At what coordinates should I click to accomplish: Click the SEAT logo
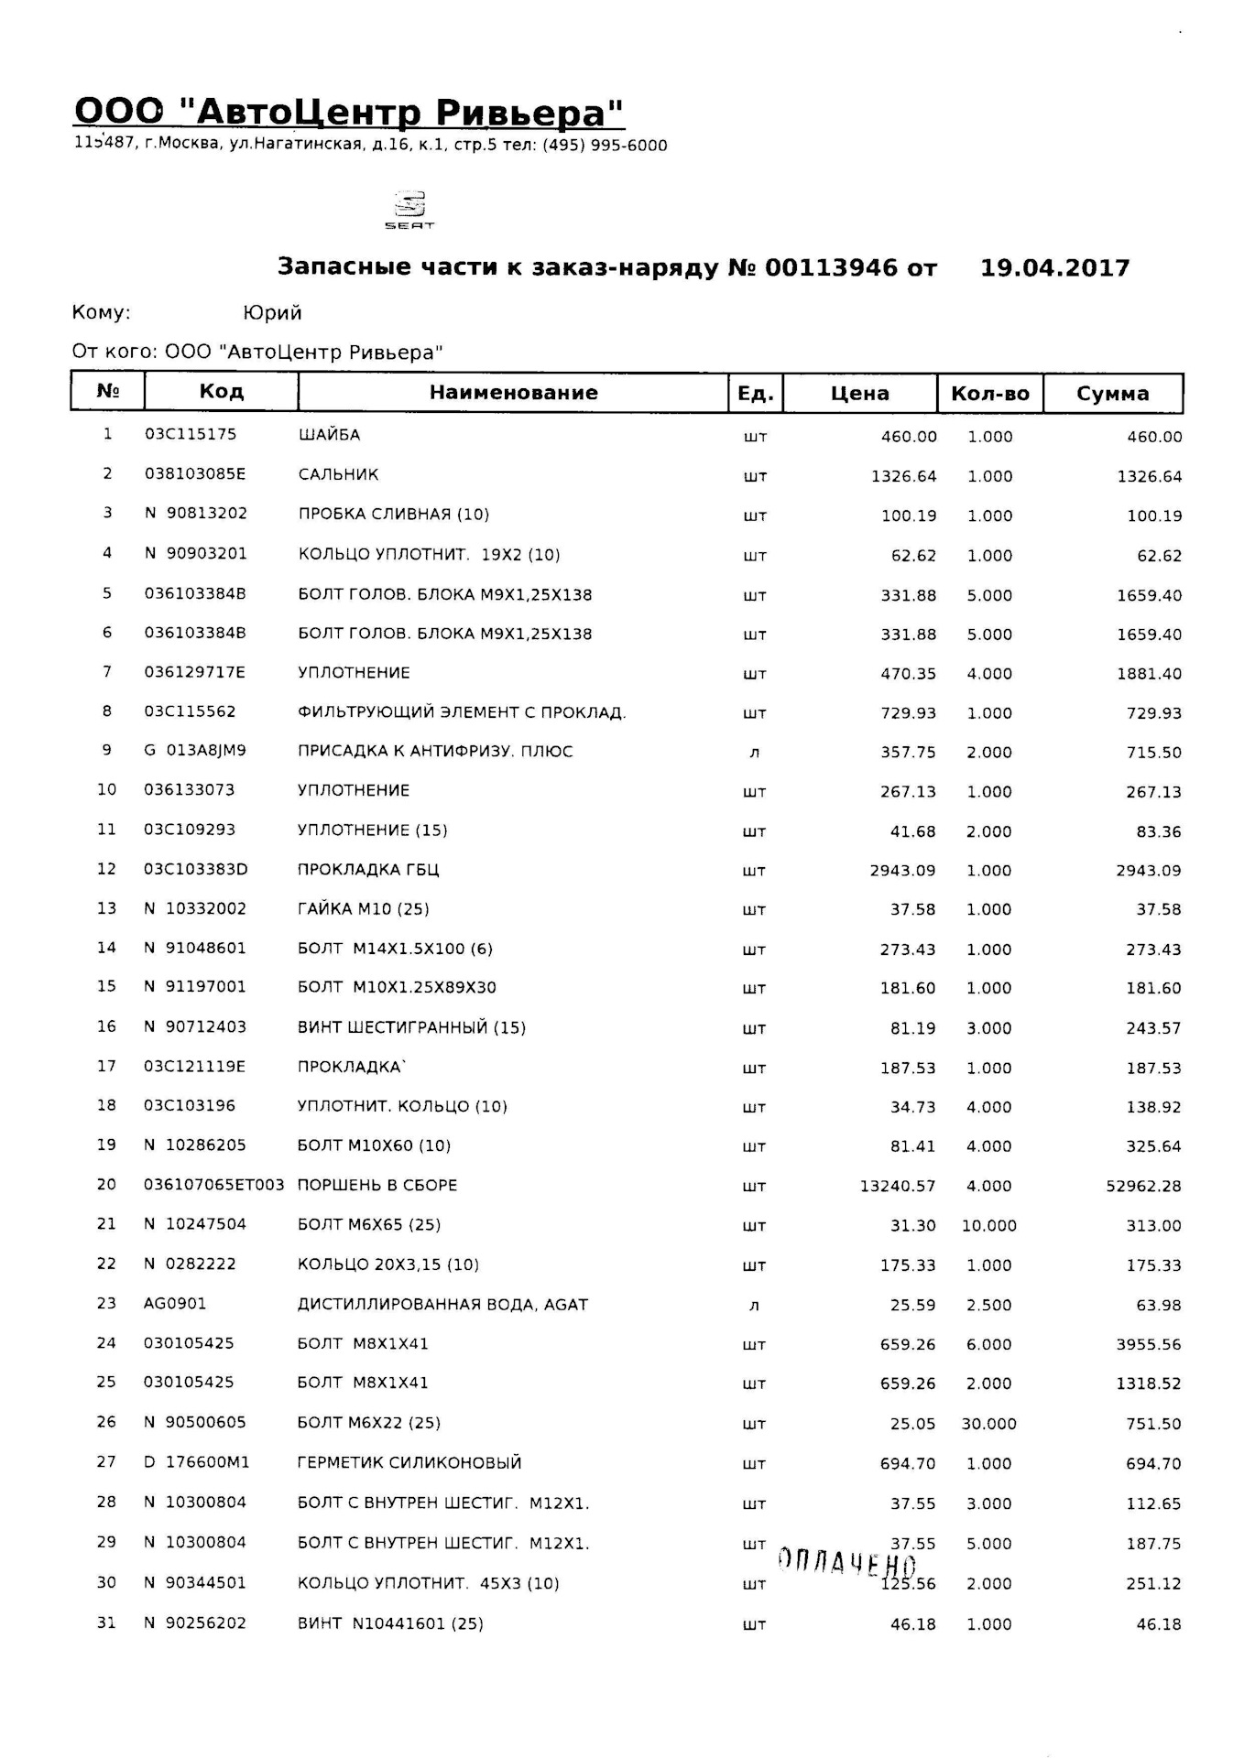[x=409, y=210]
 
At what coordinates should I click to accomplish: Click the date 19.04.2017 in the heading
[x=1054, y=267]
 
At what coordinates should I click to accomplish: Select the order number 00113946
[x=831, y=267]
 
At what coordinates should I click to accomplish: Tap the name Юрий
[x=272, y=313]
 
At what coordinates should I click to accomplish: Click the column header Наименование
[x=513, y=393]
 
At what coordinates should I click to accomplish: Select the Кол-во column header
[x=989, y=394]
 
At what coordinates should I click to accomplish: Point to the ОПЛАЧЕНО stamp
[x=846, y=1561]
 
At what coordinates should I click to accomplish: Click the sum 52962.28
[x=1143, y=1187]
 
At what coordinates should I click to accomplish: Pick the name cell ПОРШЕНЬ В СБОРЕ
[x=377, y=1186]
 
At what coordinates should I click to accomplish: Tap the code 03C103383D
[x=196, y=870]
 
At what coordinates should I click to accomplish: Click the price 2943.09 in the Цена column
[x=902, y=871]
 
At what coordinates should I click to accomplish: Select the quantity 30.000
[x=988, y=1425]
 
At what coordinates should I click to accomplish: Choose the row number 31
[x=107, y=1623]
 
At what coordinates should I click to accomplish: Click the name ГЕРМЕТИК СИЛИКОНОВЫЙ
[x=409, y=1463]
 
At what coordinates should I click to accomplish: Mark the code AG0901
[x=175, y=1304]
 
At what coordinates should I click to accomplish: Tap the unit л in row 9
[x=754, y=753]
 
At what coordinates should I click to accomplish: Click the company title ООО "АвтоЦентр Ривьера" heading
[x=349, y=112]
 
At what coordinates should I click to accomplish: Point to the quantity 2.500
[x=988, y=1306]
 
